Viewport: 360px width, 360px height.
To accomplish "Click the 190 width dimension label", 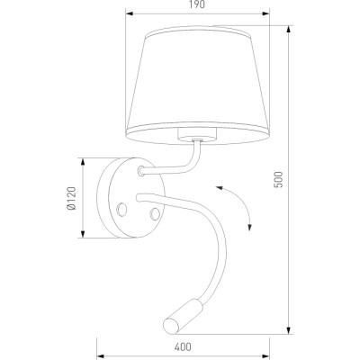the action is pos(197,4).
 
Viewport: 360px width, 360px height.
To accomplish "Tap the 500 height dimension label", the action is pos(278,179).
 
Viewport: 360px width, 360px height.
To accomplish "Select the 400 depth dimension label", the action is pos(183,347).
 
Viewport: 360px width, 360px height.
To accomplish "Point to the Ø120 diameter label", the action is pos(72,198).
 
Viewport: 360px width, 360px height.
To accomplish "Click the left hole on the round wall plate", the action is pos(121,209).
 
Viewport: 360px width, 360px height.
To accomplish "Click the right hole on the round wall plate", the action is pos(155,213).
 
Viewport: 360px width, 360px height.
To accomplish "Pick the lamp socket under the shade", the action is pos(197,134).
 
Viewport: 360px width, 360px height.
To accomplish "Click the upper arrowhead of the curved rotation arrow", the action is pos(219,188).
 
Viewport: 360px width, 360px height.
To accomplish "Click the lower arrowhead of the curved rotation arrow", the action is pos(249,228).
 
